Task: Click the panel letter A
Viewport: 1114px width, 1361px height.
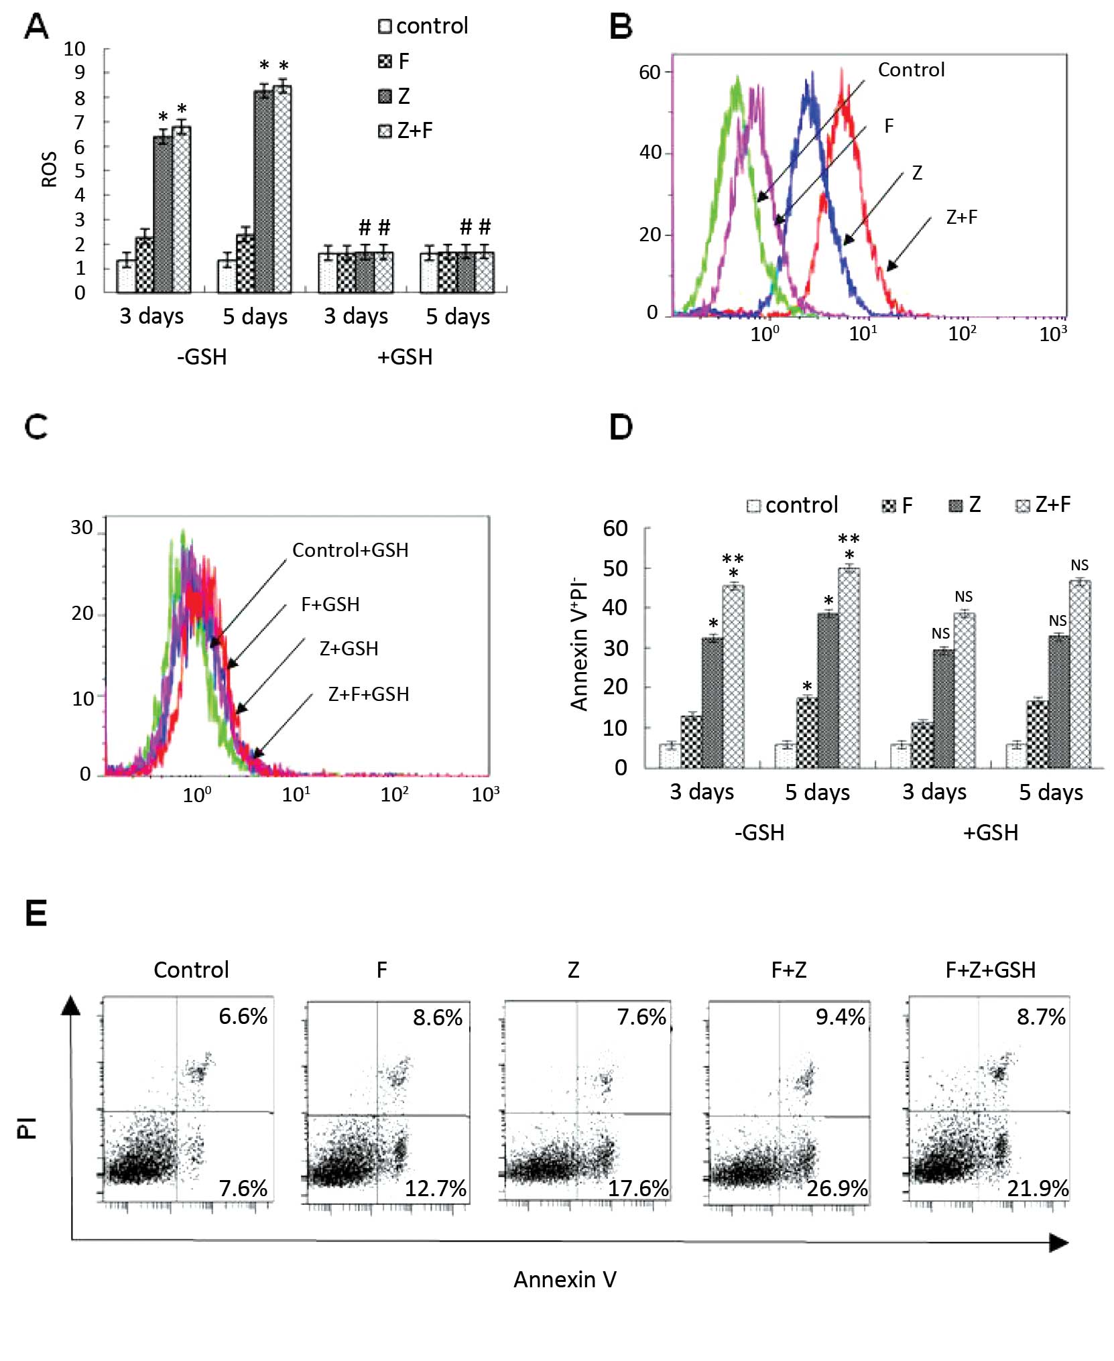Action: point(36,27)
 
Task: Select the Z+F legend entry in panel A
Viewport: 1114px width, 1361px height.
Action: point(406,130)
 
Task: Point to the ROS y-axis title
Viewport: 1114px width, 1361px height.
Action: point(49,169)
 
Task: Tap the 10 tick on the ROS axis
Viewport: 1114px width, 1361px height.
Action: point(74,49)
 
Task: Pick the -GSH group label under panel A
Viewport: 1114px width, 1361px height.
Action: point(202,357)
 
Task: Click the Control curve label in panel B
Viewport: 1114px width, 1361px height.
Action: point(911,70)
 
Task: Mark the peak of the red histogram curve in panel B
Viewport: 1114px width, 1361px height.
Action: point(843,72)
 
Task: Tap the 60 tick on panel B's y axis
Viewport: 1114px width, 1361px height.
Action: point(649,72)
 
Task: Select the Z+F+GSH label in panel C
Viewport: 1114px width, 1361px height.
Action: point(369,694)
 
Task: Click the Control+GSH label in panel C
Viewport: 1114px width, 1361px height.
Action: point(350,550)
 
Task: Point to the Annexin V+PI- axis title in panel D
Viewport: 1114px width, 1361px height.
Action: point(579,643)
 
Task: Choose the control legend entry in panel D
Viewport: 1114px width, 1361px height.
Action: point(793,505)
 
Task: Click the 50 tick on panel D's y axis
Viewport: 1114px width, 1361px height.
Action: point(615,568)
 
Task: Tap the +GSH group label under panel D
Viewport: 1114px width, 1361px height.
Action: point(990,832)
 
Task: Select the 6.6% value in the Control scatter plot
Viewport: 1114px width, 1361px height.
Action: point(243,1016)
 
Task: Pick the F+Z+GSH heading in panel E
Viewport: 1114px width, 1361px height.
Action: point(990,970)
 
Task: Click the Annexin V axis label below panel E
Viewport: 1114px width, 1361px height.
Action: point(564,1279)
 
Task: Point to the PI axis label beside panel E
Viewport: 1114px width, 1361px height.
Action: point(27,1128)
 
